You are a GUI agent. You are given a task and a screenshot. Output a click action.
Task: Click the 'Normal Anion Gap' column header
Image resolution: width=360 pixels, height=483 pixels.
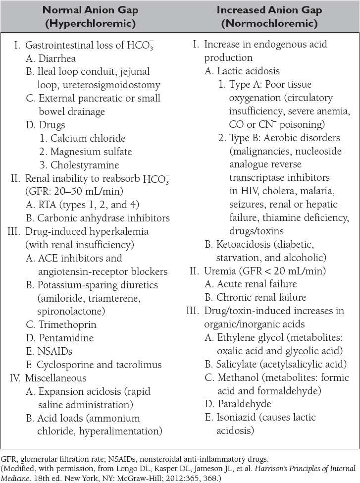coord(89,10)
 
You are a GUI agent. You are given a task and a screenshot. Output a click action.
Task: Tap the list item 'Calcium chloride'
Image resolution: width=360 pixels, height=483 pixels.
coord(88,138)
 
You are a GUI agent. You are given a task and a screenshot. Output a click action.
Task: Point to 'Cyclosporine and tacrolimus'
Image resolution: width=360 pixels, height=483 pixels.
coord(100,365)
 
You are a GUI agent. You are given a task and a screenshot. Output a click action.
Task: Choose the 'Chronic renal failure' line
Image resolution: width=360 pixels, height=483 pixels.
coord(262,298)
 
